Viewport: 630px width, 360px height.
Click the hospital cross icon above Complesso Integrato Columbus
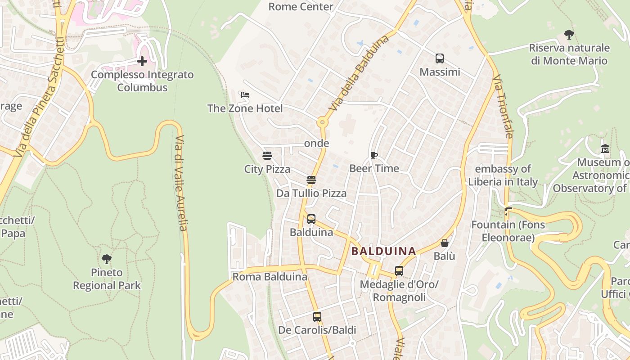click(142, 61)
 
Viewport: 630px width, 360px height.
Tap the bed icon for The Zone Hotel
click(245, 95)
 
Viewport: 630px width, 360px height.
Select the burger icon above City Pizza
click(267, 156)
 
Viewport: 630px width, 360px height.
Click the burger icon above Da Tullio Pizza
click(311, 180)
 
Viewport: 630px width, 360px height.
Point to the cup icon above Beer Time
click(373, 155)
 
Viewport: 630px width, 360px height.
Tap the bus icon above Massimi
click(440, 58)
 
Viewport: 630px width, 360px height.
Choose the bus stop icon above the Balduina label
click(311, 219)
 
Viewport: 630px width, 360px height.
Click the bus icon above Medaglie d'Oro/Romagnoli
click(399, 271)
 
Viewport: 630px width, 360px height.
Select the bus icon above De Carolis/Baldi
click(317, 317)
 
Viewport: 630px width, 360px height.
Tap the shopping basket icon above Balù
click(445, 243)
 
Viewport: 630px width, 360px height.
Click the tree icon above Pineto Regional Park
click(107, 259)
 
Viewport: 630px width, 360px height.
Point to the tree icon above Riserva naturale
click(569, 34)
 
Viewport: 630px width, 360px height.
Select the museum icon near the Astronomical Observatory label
click(605, 148)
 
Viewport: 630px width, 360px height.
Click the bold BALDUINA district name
click(383, 251)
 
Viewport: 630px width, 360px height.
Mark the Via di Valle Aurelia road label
click(181, 183)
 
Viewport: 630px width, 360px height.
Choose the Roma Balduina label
click(270, 277)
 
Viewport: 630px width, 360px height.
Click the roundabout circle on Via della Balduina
click(322, 122)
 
